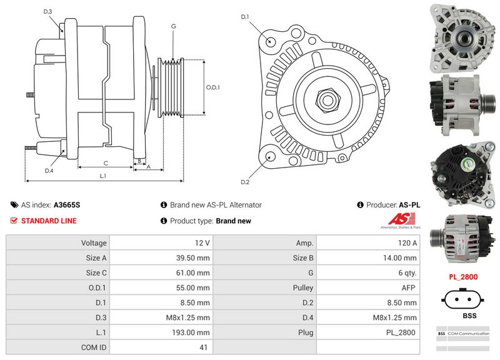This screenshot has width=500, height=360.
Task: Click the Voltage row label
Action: [94, 242]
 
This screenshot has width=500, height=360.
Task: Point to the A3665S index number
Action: [67, 205]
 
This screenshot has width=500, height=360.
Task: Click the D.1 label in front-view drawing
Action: [245, 17]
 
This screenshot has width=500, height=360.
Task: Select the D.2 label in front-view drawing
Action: [245, 182]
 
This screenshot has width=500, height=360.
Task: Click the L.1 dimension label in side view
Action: [103, 176]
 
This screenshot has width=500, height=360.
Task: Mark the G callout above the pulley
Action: [173, 27]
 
